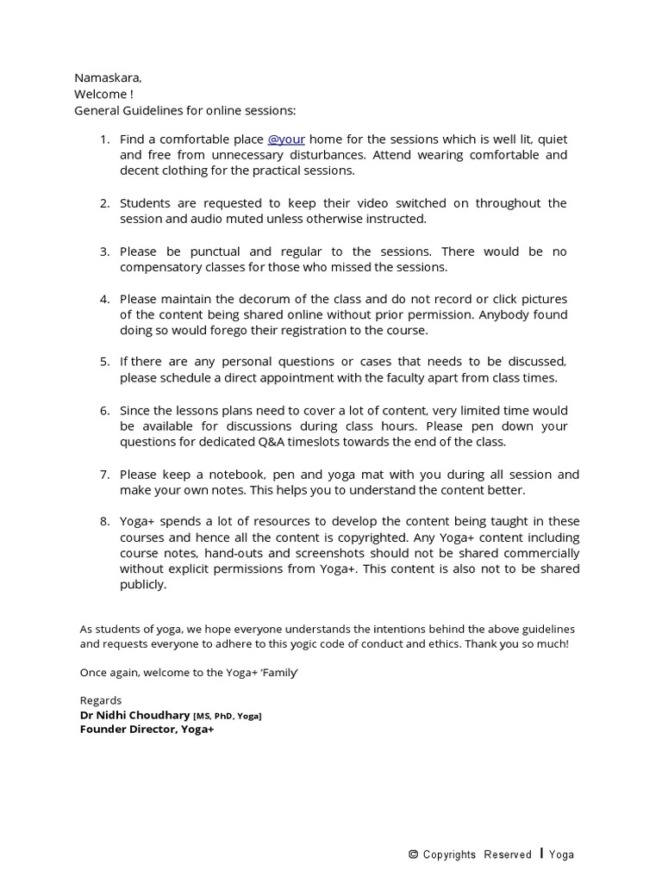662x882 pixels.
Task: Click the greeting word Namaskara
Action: coord(108,78)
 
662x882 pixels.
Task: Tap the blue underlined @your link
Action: coord(286,140)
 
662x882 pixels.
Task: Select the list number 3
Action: coord(104,252)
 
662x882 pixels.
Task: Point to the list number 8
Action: coord(104,522)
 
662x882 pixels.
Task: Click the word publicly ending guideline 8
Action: coord(141,585)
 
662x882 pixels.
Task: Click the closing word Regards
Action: coord(101,700)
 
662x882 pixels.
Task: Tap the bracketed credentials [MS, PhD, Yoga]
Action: coord(228,716)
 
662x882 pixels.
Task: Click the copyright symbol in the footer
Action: coord(414,854)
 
